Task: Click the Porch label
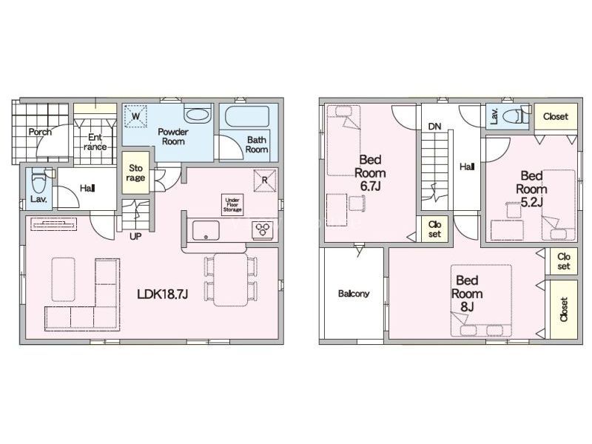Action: click(x=40, y=132)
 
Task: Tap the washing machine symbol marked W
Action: click(x=135, y=116)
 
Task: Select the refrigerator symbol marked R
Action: click(x=264, y=181)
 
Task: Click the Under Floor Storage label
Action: click(x=232, y=205)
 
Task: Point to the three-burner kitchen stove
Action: click(x=264, y=230)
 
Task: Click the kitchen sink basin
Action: click(x=206, y=230)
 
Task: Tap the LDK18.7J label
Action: click(x=162, y=294)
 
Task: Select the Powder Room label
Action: click(x=173, y=137)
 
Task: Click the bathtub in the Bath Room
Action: click(x=247, y=116)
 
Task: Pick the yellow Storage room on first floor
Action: click(x=136, y=173)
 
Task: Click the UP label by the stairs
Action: click(x=135, y=237)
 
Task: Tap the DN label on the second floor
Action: click(x=434, y=127)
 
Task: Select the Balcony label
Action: click(x=354, y=294)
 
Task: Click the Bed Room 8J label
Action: click(x=467, y=294)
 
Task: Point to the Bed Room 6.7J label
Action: click(x=370, y=173)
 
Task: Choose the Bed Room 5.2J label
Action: click(x=531, y=189)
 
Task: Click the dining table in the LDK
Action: click(x=230, y=280)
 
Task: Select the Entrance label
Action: click(x=95, y=142)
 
